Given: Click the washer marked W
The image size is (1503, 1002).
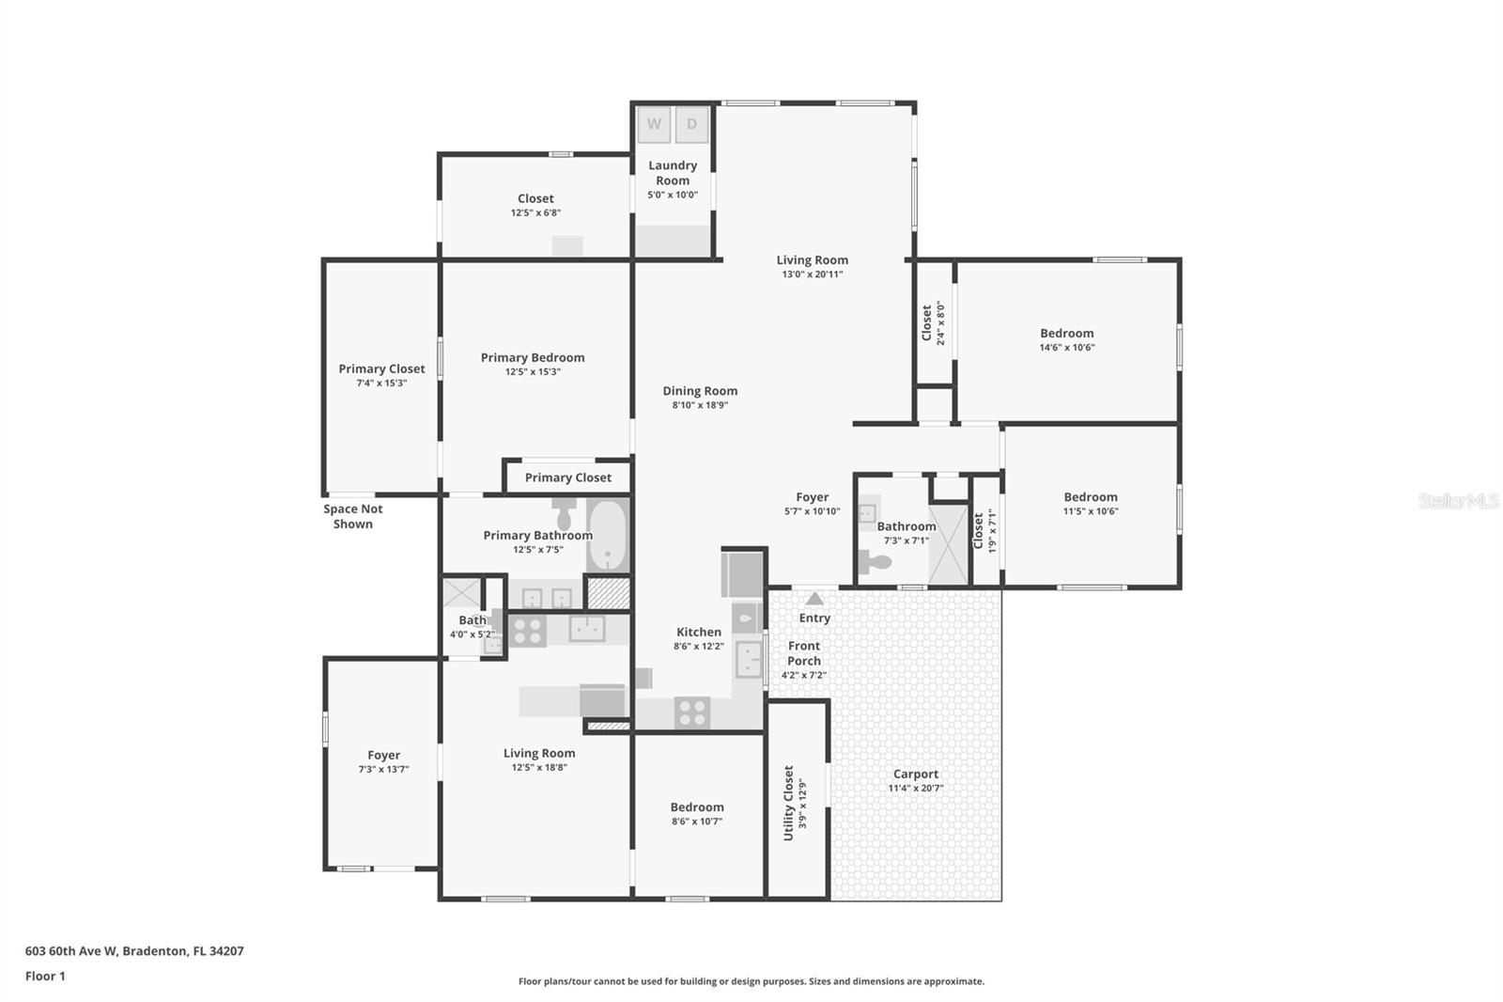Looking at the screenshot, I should tap(654, 124).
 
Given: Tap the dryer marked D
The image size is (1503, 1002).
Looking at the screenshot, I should tap(692, 124).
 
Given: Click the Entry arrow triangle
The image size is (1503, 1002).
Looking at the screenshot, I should tap(814, 598).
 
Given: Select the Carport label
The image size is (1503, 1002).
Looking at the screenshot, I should tap(915, 775).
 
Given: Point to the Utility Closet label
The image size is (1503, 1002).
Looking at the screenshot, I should tap(789, 803).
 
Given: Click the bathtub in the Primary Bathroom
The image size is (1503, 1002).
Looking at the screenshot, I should tap(608, 535).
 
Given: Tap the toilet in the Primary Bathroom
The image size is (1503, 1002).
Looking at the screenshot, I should tap(565, 513).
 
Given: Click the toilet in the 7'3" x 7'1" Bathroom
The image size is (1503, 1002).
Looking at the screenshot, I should tap(875, 563).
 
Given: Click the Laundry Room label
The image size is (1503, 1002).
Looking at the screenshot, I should tap(673, 173).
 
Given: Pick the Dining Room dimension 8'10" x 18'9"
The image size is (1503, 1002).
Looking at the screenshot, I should tap(700, 406).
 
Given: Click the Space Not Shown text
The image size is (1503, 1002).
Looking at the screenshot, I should tap(353, 516).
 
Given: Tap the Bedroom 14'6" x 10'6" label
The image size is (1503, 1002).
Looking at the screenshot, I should tap(1066, 333).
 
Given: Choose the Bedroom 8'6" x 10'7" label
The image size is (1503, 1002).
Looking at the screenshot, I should tap(697, 807).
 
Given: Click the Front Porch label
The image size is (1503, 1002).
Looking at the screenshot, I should tap(804, 653).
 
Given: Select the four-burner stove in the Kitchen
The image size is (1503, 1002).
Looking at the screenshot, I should tap(692, 713).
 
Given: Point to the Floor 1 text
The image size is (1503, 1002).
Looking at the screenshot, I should tap(45, 976).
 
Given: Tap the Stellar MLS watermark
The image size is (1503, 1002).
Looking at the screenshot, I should tap(1458, 501).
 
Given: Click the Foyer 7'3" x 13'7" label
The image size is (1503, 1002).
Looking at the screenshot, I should tap(383, 755).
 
